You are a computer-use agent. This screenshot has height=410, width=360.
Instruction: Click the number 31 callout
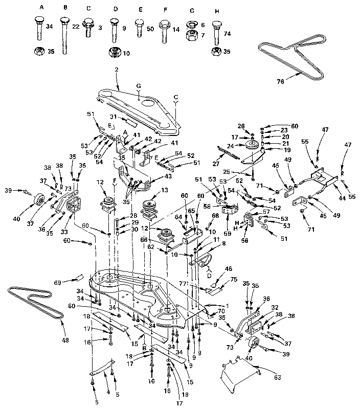114,117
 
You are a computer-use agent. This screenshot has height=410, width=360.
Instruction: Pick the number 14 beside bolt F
176,30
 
